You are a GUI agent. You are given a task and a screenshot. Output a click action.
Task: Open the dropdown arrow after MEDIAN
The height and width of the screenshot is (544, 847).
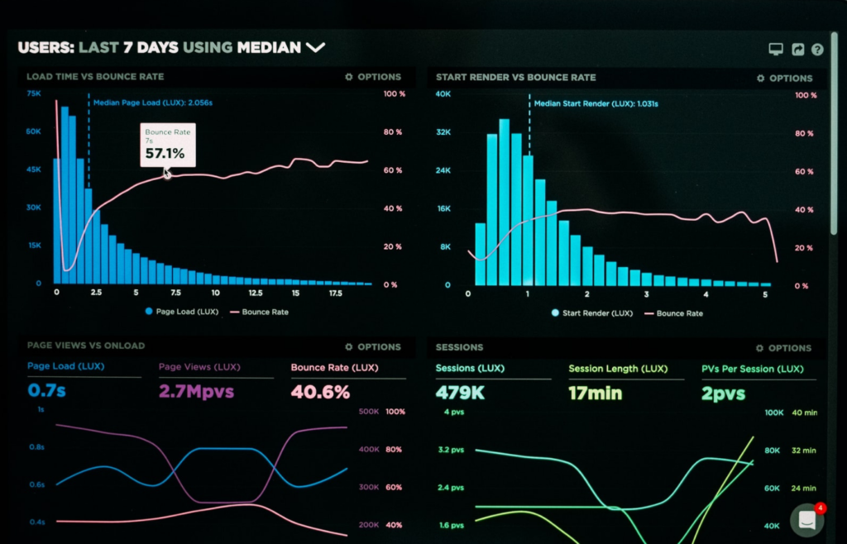(x=315, y=48)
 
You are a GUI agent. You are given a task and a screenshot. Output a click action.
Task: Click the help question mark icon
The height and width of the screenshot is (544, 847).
(x=817, y=50)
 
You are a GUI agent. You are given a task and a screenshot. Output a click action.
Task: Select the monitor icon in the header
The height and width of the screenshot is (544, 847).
(x=776, y=50)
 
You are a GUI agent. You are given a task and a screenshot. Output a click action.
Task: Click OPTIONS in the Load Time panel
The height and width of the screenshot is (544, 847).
(x=373, y=77)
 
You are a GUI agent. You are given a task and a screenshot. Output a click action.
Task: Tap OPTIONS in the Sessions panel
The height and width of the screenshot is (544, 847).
(x=783, y=348)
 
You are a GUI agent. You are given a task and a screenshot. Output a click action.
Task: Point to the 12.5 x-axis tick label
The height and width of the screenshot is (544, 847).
(x=256, y=293)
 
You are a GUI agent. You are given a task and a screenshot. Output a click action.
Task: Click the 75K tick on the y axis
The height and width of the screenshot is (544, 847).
(x=34, y=94)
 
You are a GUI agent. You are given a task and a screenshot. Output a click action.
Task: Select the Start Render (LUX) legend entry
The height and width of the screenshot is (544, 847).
(x=591, y=313)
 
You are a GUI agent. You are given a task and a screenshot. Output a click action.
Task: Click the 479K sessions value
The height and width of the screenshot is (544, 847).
(x=460, y=392)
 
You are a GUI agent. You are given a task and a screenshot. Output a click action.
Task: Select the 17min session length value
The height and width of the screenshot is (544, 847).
(x=595, y=393)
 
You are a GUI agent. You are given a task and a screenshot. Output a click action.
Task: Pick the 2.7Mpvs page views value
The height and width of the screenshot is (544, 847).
(x=196, y=391)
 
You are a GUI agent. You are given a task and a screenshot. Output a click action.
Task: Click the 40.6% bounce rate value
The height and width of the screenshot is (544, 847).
(x=320, y=392)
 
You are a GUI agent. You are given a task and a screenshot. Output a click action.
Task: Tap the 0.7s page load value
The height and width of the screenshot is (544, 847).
(x=47, y=390)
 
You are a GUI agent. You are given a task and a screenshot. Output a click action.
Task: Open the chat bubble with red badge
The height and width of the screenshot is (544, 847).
(x=806, y=520)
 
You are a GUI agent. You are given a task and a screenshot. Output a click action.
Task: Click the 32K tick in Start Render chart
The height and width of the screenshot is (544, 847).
(x=443, y=132)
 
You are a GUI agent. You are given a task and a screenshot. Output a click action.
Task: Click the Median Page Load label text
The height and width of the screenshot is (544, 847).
(x=152, y=103)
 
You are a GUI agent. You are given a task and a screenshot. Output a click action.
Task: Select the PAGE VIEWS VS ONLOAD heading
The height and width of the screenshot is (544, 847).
(x=85, y=346)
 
